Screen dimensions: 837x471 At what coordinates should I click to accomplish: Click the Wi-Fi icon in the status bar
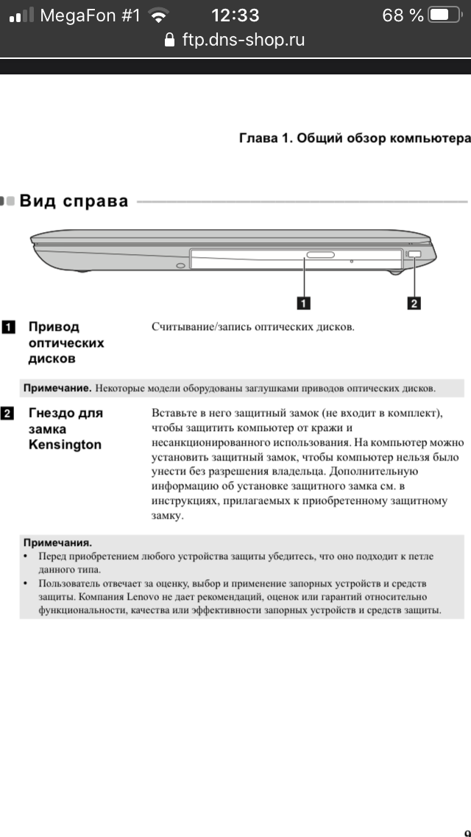158,15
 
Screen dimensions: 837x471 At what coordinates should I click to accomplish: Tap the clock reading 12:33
235,15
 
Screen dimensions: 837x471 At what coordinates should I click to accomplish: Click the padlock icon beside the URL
170,40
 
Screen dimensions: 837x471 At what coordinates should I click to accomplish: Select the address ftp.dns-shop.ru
243,40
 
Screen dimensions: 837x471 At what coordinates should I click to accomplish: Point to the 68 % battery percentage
403,15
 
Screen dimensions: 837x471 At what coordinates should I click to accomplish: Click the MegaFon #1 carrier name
90,15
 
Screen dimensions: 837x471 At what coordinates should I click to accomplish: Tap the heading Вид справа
74,200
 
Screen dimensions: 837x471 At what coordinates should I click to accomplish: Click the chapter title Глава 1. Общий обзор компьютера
355,139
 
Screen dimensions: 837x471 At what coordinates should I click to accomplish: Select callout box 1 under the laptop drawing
302,301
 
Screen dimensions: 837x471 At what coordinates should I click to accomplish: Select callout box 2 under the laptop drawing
414,301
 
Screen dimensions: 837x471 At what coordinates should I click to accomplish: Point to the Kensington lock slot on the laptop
414,254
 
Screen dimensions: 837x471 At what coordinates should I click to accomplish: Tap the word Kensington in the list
65,444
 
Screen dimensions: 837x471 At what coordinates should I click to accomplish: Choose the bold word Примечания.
57,542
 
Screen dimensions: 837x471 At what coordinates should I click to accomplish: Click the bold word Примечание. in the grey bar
57,388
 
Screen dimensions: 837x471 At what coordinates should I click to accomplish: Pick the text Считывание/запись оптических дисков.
253,326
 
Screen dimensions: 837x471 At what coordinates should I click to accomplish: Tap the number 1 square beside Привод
8,326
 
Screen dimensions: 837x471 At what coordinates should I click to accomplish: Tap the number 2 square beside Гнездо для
8,413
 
